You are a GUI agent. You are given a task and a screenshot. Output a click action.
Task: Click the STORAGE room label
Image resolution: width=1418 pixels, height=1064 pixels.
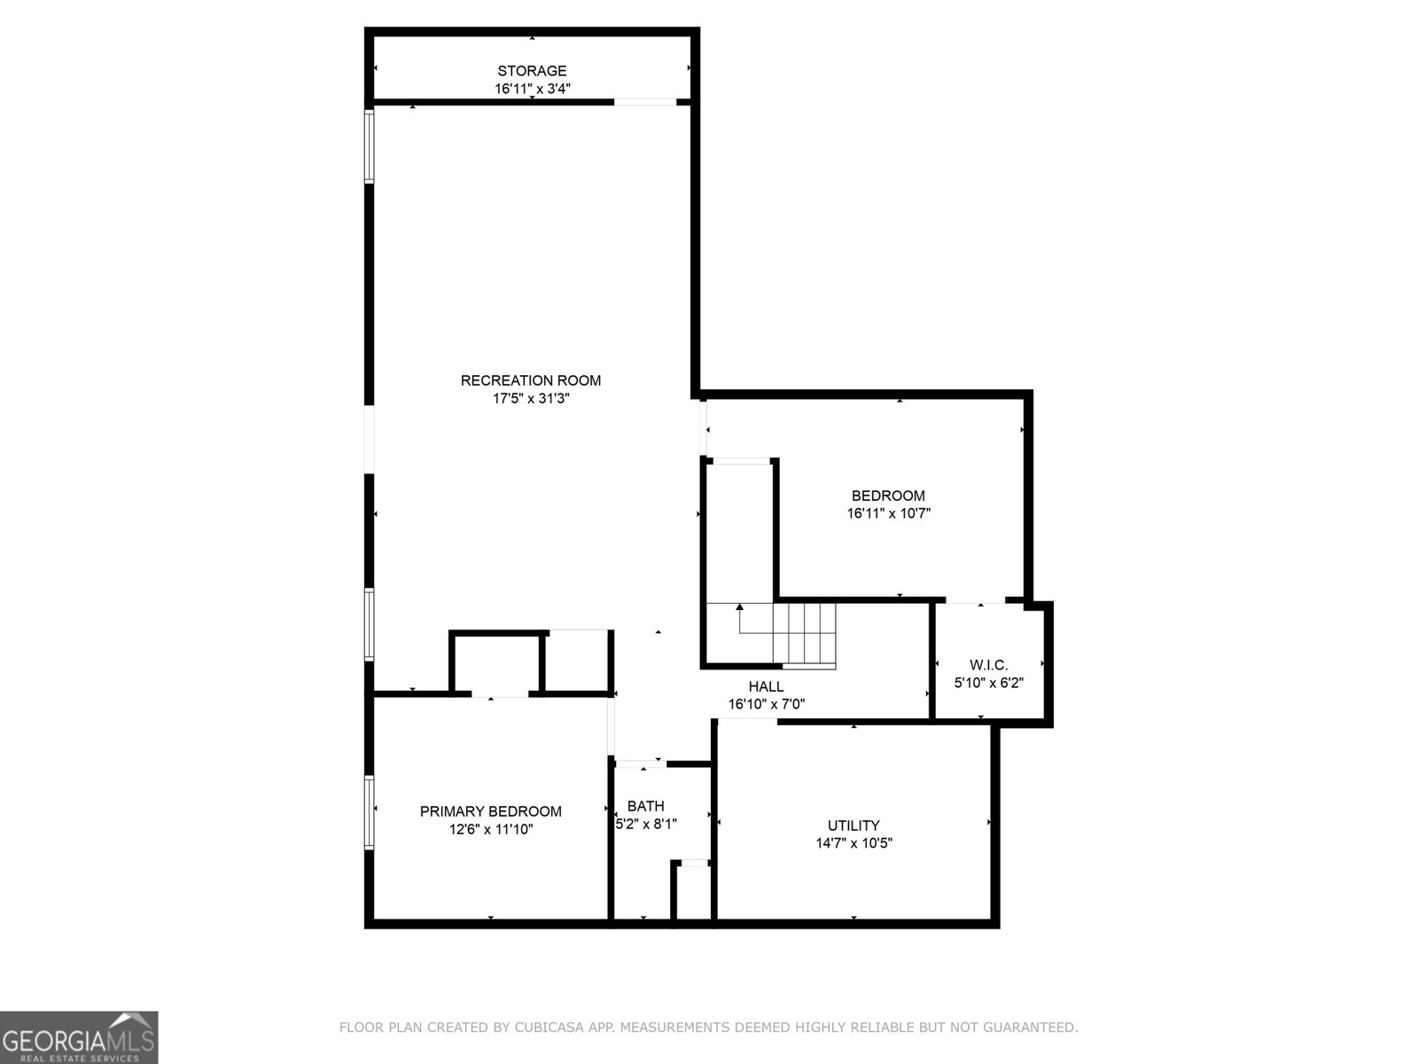click(532, 70)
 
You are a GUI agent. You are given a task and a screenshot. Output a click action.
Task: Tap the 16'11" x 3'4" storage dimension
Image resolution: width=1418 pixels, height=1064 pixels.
click(533, 89)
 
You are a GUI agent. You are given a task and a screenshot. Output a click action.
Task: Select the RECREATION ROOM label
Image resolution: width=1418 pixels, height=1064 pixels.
click(530, 380)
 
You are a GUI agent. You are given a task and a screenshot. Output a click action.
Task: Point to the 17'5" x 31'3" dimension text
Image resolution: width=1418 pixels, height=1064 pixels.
click(531, 399)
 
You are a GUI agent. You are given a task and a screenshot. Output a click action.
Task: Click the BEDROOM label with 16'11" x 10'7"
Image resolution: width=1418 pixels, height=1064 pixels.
click(888, 496)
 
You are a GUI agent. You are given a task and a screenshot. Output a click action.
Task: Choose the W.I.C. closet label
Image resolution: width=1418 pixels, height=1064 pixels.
click(988, 665)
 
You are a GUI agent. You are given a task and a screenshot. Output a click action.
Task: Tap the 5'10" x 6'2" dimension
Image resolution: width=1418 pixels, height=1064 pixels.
click(988, 682)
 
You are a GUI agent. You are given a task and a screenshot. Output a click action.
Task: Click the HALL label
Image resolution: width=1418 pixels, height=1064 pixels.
click(767, 686)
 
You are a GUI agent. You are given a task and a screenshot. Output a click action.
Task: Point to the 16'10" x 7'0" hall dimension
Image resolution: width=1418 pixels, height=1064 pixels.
click(767, 704)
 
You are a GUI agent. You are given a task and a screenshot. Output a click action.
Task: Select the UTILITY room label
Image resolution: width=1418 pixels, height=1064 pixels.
click(853, 825)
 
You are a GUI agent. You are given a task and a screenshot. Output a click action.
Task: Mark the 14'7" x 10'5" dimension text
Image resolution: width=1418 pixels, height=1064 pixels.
click(853, 843)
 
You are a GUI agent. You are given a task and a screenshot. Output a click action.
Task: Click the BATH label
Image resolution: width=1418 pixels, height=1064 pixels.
click(645, 806)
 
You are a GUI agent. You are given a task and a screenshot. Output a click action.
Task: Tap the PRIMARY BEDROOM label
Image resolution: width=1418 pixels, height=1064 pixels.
click(490, 811)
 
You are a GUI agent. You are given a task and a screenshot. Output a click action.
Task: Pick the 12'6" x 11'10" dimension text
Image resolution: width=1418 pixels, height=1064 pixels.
click(491, 830)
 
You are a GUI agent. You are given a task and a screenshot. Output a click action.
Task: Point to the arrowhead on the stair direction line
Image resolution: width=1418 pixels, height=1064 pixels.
click(740, 606)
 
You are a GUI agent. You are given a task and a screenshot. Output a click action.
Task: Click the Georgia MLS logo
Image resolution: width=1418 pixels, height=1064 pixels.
click(79, 1037)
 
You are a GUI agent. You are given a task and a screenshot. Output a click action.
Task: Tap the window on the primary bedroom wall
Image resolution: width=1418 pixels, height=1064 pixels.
click(369, 812)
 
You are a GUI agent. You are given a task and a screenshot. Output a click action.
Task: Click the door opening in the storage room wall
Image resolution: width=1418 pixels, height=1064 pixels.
click(644, 102)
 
